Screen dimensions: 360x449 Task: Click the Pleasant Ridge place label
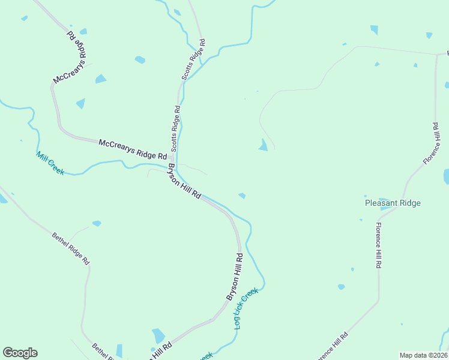[393, 203]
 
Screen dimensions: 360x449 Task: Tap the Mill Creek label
[50, 163]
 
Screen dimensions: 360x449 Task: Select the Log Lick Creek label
[246, 308]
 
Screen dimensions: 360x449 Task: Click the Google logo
[20, 353]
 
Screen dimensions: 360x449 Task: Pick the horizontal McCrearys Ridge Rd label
[132, 148]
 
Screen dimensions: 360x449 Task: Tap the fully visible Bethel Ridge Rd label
[70, 249]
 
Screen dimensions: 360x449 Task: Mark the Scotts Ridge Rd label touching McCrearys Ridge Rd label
[175, 128]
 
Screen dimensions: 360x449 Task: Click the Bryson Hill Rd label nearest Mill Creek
[184, 182]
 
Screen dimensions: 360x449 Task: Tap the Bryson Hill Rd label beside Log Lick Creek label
[234, 277]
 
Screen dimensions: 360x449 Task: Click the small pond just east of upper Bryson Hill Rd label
[242, 196]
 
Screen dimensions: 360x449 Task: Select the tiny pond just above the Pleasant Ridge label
[366, 196]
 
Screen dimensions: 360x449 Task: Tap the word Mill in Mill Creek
[42, 158]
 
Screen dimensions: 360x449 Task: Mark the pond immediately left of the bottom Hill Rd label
[158, 335]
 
